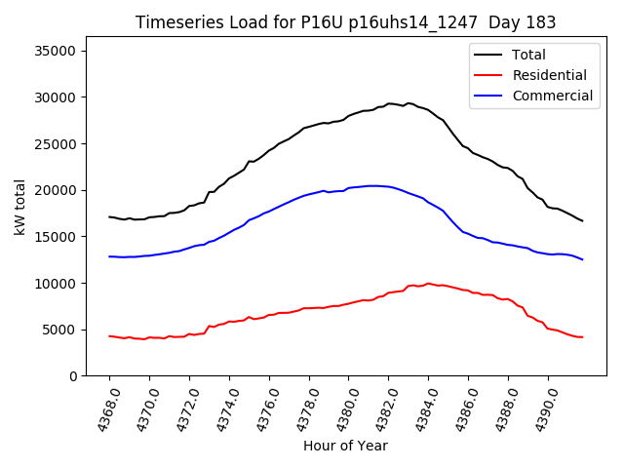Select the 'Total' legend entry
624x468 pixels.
(527, 55)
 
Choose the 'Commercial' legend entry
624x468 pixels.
(552, 96)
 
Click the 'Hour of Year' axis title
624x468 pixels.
(345, 446)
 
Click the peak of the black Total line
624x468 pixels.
(390, 103)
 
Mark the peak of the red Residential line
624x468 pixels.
(428, 284)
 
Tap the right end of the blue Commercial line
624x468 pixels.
(582, 259)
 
